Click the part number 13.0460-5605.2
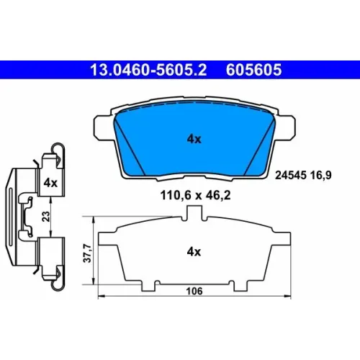coord(148,70)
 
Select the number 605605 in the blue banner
coord(253,70)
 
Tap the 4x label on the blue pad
coord(194,139)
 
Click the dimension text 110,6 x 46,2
coord(195,195)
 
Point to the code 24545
coord(291,175)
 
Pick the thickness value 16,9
coord(321,176)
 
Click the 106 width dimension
coord(194,291)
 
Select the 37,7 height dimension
coord(87,253)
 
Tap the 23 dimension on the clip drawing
coord(46,216)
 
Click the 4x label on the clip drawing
coord(50,183)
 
